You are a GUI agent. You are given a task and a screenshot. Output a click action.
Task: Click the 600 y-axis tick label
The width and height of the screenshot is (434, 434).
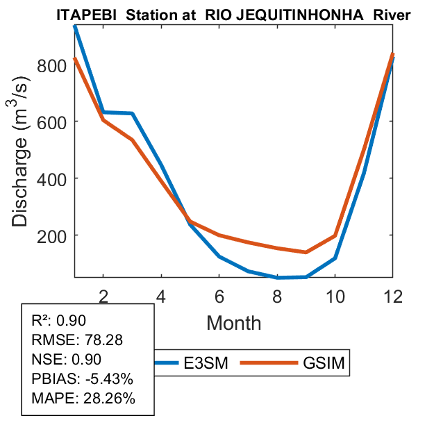(x=56, y=122)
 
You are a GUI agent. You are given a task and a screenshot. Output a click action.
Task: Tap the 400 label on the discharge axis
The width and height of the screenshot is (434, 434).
(x=56, y=178)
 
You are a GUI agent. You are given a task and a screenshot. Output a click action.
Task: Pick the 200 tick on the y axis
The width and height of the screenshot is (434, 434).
(x=56, y=235)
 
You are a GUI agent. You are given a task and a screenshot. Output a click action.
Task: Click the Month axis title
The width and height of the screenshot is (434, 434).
(x=234, y=322)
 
